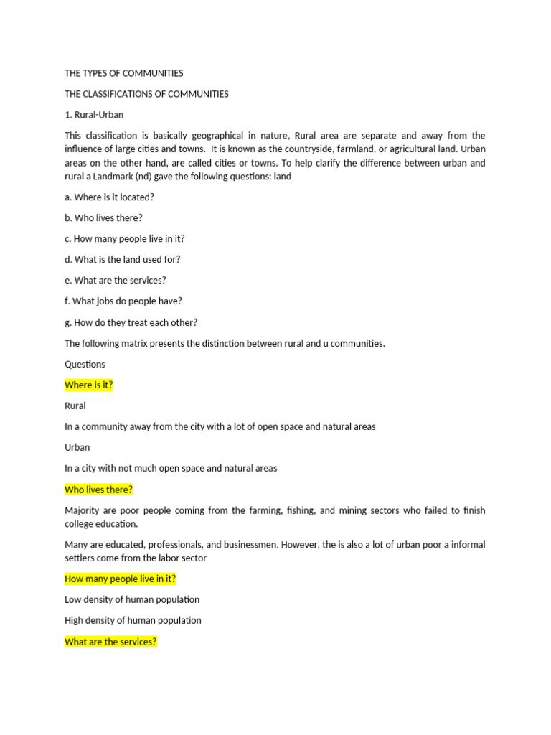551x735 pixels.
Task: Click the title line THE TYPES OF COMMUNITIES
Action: tap(123, 73)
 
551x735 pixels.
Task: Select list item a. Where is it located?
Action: tap(109, 197)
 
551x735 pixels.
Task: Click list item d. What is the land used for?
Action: tap(122, 260)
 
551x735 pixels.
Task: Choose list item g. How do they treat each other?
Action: tap(131, 322)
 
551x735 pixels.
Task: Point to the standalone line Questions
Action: tap(85, 364)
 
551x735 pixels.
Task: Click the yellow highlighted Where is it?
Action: tap(89, 385)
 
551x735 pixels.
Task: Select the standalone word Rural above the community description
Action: tap(75, 406)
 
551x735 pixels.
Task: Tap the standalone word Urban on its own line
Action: tap(77, 447)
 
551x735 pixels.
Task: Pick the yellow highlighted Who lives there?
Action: tap(99, 490)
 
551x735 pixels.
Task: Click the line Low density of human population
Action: tap(132, 599)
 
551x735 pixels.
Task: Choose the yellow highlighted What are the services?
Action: tap(110, 642)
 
